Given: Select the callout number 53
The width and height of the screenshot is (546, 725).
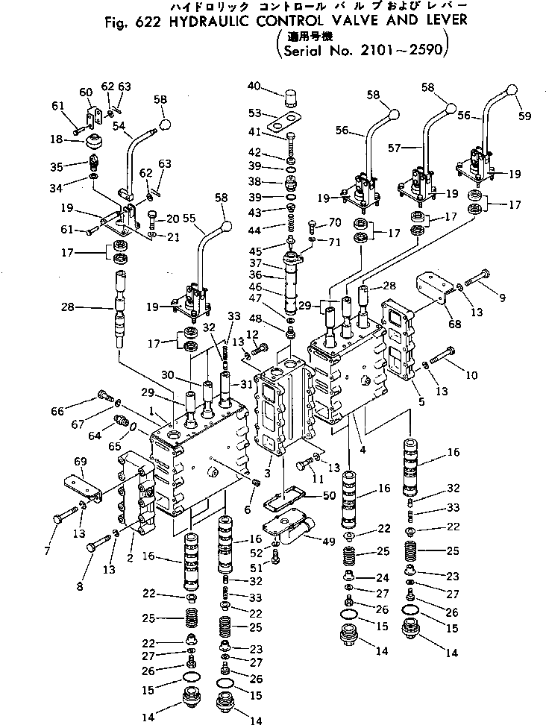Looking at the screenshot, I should click(x=254, y=113).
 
